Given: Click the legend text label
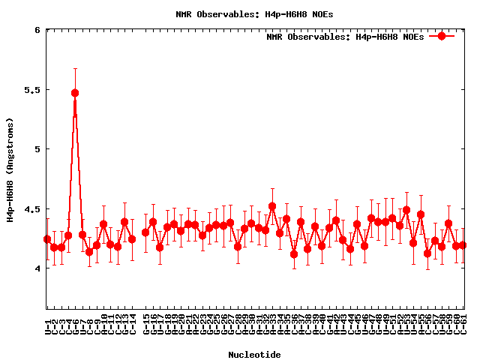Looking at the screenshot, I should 345,36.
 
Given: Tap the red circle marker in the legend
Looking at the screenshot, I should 442,36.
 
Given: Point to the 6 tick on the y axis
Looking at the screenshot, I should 37,30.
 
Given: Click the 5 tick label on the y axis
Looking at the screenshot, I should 37,149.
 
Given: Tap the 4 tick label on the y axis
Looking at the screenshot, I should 37,268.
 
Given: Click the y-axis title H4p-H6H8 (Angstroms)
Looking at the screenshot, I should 10,169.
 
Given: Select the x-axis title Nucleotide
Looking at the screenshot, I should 254,355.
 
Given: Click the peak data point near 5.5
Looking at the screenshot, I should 75,93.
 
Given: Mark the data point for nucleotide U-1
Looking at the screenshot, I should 47,239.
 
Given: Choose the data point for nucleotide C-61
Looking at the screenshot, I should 463,245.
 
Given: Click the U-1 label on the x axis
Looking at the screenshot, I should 47,325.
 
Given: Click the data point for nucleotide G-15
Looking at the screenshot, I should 146,232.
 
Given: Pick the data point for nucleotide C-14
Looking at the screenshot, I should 132,239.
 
